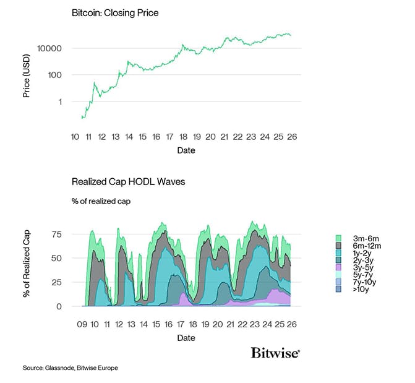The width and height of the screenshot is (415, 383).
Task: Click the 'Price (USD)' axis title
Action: pos(27,75)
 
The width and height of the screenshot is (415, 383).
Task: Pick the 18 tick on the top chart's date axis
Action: pos(184,136)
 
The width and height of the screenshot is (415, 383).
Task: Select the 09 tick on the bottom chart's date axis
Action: pos(82,324)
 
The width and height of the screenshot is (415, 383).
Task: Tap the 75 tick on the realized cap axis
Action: pos(56,234)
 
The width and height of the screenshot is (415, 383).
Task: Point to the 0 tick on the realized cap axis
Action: pos(59,306)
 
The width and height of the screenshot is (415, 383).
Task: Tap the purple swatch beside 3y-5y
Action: pos(338,267)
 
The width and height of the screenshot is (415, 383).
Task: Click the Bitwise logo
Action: pos(275,353)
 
